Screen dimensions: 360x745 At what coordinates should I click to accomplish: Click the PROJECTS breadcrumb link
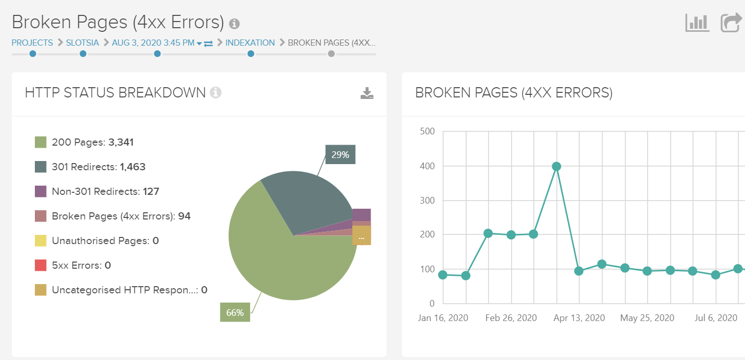[x=32, y=43]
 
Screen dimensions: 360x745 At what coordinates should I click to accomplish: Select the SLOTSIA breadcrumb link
[x=82, y=43]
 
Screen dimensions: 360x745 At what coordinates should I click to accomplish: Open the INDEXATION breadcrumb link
[x=250, y=43]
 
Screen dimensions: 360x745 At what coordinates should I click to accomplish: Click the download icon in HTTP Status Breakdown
[x=367, y=93]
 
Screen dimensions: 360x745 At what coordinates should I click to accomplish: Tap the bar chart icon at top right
[x=697, y=23]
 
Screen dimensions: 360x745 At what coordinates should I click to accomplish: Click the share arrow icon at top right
[x=731, y=23]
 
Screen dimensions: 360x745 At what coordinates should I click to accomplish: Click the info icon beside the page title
[x=234, y=24]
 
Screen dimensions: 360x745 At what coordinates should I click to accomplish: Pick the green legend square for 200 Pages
[x=41, y=142]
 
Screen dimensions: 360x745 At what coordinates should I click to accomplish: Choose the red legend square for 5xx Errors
[x=41, y=265]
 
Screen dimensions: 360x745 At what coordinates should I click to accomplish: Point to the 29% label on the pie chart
[x=340, y=154]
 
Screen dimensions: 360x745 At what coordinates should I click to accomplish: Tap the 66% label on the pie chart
[x=235, y=312]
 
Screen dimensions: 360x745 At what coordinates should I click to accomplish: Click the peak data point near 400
[x=556, y=166]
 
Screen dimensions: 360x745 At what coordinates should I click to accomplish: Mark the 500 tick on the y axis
[x=427, y=131]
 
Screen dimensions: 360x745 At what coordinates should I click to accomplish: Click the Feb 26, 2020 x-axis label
[x=511, y=318]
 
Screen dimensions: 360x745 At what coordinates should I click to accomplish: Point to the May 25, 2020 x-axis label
[x=647, y=318]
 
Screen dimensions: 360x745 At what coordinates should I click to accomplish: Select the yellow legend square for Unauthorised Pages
[x=41, y=241]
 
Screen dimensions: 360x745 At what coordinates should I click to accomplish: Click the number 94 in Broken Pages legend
[x=184, y=216]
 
